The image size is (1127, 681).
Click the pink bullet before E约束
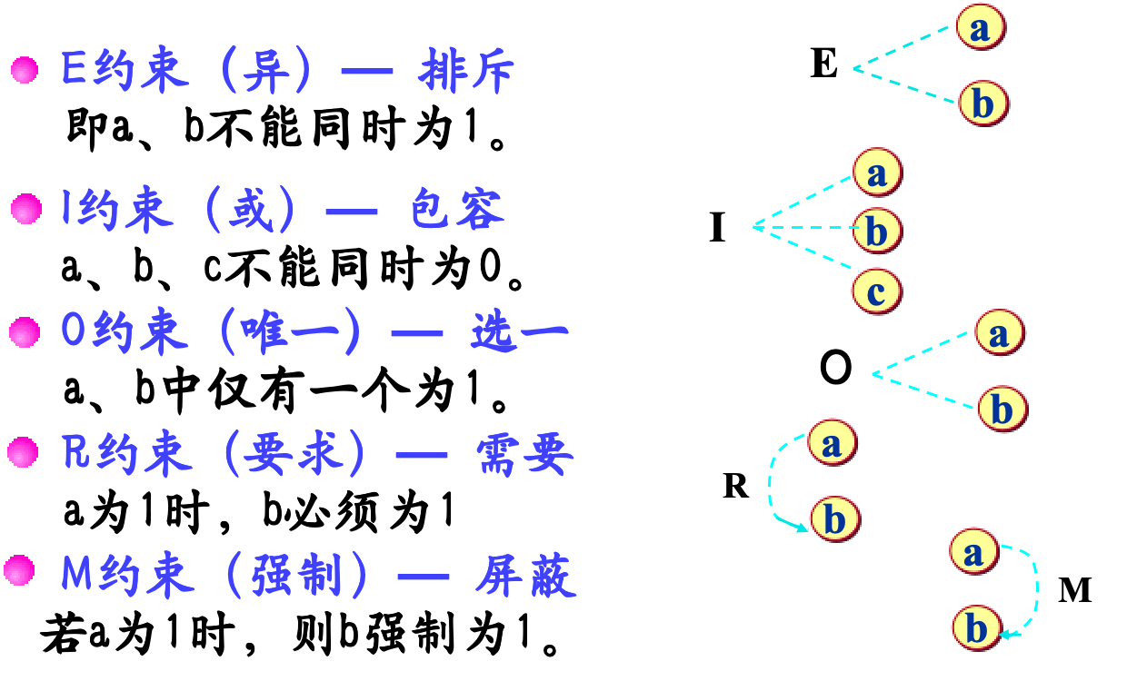point(25,70)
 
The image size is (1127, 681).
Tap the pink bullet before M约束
point(19,571)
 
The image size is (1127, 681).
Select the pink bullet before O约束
point(24,332)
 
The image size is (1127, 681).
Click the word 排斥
point(466,71)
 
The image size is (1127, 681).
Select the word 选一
point(519,332)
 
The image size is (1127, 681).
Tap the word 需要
point(524,453)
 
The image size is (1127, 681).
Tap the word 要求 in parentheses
point(296,453)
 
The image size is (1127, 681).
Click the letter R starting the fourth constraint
point(75,453)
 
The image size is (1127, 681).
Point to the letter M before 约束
point(77,576)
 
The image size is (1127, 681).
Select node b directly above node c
point(876,231)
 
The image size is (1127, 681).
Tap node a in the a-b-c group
point(877,172)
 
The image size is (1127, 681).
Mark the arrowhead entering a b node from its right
point(1005,634)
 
